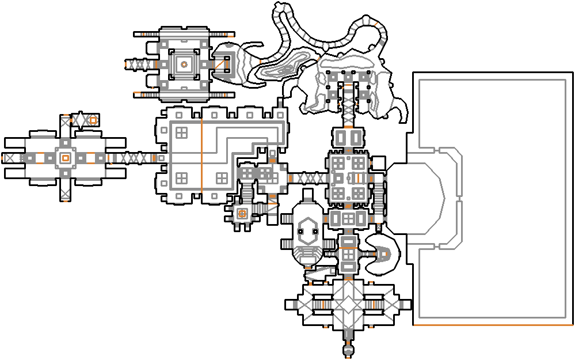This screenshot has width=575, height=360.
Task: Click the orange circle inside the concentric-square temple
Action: (184, 65)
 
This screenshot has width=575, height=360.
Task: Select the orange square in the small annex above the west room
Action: (92, 120)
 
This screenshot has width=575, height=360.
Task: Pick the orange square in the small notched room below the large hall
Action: (242, 214)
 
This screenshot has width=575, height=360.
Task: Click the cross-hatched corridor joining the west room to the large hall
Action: (131, 157)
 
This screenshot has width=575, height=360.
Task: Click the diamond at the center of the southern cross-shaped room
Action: (347, 303)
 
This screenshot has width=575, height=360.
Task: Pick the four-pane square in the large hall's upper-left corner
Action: (181, 132)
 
